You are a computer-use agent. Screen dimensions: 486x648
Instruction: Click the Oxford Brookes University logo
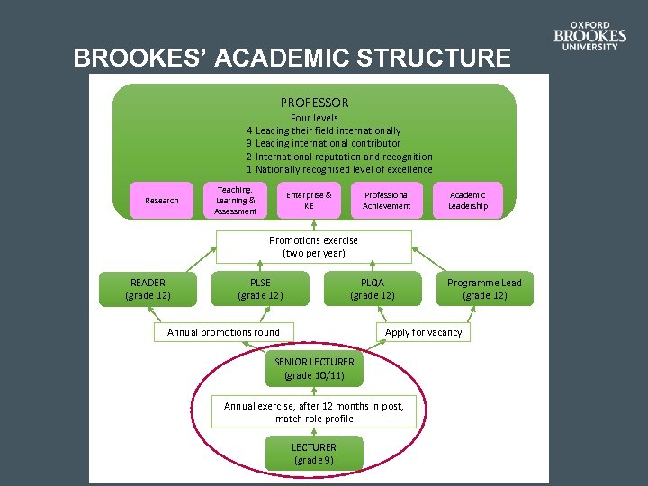[590, 36]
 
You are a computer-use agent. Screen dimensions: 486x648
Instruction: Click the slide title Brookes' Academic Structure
[292, 58]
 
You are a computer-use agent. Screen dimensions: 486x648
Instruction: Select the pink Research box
[162, 200]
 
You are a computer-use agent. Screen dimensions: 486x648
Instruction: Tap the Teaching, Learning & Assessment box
[235, 200]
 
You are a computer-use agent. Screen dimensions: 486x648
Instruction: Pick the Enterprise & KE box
[309, 200]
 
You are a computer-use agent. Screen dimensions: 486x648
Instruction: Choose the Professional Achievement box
[387, 200]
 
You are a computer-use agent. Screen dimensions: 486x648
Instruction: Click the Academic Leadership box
[468, 200]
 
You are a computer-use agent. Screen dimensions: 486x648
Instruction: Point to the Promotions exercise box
[313, 247]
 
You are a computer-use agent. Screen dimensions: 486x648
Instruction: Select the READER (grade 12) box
[148, 289]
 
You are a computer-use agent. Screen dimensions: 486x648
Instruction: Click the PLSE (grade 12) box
[260, 289]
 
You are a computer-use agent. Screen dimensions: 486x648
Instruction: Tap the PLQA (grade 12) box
[372, 289]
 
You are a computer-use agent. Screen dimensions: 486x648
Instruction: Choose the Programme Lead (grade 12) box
[484, 289]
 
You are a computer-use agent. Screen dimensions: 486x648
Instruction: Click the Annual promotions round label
[223, 332]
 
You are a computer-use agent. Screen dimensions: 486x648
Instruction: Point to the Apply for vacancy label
[423, 332]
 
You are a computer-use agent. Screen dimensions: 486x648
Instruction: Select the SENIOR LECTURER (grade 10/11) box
[314, 368]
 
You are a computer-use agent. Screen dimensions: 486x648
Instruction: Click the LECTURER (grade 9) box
[314, 454]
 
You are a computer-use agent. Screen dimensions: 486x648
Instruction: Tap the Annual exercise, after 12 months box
[314, 412]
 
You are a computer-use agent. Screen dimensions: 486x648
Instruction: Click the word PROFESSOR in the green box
[314, 103]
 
